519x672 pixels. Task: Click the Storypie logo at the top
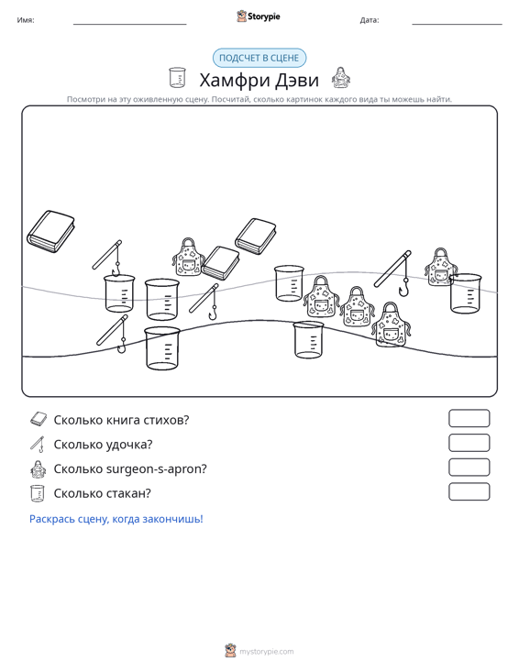[259, 17]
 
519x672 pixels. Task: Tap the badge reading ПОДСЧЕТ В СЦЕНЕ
[259, 58]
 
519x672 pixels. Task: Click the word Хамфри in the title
[235, 80]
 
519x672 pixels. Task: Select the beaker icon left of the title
[177, 78]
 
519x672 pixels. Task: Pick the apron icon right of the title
[341, 78]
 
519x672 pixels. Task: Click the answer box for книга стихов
[469, 418]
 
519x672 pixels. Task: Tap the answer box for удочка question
[469, 443]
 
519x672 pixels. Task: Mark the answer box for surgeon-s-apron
[469, 468]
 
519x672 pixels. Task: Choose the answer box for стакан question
[469, 491]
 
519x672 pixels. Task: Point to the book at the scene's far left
[50, 231]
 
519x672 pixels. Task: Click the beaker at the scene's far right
[466, 293]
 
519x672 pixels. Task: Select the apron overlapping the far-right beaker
[440, 267]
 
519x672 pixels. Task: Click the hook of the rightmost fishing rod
[403, 289]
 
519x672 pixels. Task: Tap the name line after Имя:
[130, 24]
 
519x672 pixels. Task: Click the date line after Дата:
[457, 24]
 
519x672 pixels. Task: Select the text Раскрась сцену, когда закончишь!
[116, 519]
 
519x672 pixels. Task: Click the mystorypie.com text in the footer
[267, 652]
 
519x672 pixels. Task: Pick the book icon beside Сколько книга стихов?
[39, 419]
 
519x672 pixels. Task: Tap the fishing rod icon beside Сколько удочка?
[38, 444]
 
